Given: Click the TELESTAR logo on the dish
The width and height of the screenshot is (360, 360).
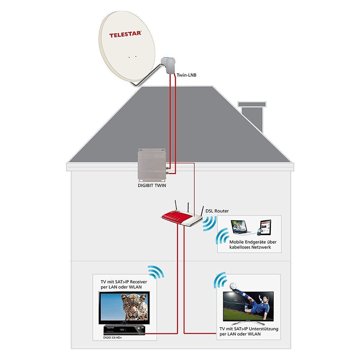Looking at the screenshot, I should coord(125,35).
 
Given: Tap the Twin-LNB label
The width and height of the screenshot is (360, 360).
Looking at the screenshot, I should coord(186,75).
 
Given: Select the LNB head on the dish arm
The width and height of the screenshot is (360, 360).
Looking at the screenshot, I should coord(167,65).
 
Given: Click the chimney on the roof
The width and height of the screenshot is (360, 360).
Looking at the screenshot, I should coord(252,115).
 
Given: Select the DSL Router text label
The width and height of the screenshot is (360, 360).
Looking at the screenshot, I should coord(217,211).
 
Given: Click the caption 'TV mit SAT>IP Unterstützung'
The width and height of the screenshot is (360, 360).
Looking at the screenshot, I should coord(249,329).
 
